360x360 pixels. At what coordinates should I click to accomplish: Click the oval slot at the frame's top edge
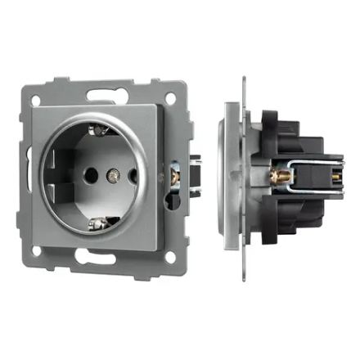coord(106,90)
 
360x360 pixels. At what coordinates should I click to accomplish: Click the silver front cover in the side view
coord(232,176)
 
